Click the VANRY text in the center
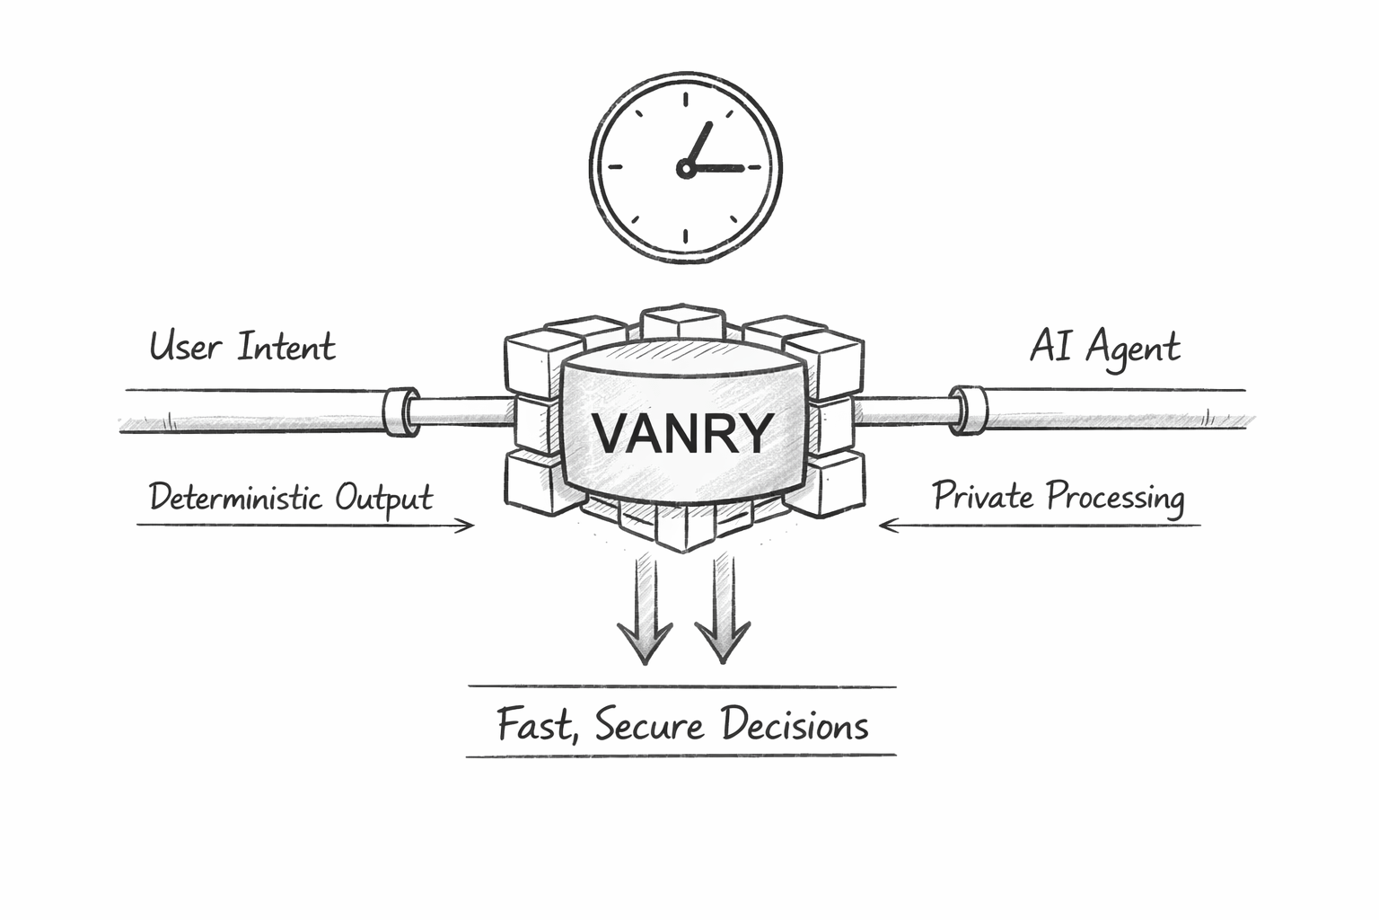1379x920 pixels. click(x=682, y=433)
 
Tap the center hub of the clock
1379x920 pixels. click(x=686, y=168)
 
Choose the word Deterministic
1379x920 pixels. click(x=235, y=497)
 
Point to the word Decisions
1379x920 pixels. click(x=795, y=724)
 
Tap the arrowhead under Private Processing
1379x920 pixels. click(x=888, y=525)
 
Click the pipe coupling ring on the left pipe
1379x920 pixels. click(x=400, y=411)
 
